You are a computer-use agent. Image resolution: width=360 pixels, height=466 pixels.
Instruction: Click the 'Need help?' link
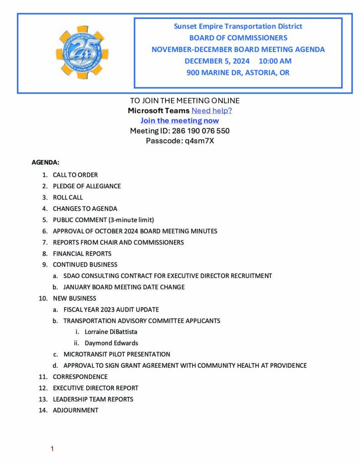[212, 111]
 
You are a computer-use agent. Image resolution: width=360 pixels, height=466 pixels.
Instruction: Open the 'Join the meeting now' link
[179, 121]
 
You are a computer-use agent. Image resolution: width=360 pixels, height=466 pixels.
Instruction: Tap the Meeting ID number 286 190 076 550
[201, 131]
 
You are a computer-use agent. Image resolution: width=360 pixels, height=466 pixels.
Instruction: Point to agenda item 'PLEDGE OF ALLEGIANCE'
[86, 186]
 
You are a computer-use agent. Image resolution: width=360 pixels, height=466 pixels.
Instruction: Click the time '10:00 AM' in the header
[275, 61]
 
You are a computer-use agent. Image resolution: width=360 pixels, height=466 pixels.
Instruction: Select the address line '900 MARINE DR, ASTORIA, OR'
[238, 72]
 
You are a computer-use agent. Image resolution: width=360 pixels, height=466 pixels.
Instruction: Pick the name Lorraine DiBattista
[111, 332]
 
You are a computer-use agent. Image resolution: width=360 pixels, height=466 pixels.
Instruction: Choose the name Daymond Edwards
[111, 343]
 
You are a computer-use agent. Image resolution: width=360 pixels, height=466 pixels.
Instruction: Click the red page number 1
[52, 449]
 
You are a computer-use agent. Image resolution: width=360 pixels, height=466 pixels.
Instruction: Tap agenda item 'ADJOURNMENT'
[75, 410]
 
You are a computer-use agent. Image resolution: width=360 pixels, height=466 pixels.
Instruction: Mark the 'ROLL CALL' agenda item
[68, 198]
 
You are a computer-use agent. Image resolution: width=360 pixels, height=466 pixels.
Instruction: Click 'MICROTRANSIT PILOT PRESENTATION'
[117, 354]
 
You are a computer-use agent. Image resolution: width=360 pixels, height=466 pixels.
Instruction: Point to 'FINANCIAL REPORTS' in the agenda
[82, 253]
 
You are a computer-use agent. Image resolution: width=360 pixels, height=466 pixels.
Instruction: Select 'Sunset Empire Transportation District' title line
[238, 26]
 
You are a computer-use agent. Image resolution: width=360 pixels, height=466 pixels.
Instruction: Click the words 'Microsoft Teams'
[158, 111]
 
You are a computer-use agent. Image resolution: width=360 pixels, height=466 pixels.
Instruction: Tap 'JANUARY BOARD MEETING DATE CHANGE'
[124, 287]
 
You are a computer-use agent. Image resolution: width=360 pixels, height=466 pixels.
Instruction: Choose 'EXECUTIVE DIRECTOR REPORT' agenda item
[96, 388]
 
